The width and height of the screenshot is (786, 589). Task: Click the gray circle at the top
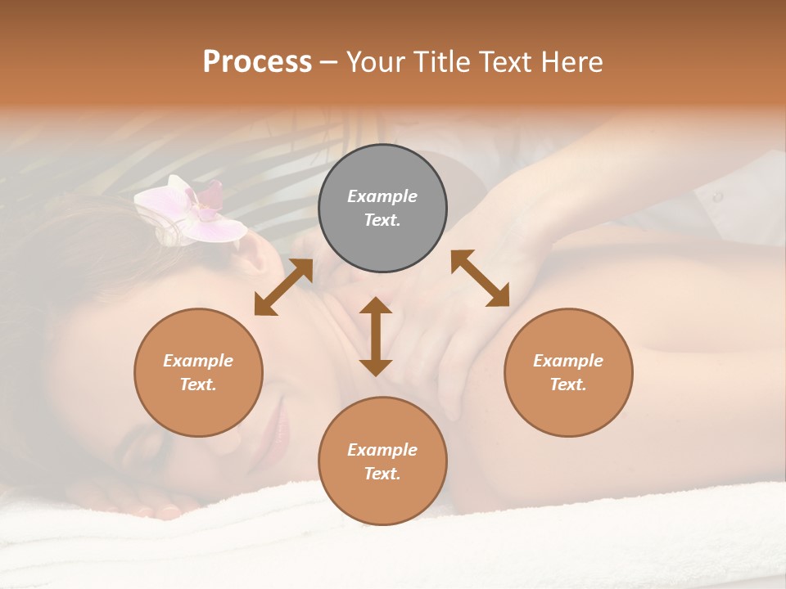[382, 209]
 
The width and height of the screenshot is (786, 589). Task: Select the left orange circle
[198, 372]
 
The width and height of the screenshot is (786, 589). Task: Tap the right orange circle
[568, 372]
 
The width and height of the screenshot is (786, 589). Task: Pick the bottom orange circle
[382, 461]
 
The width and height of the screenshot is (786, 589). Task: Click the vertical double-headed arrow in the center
[376, 336]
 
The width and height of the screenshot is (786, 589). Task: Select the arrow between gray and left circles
[283, 287]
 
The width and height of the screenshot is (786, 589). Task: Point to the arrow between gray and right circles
[481, 278]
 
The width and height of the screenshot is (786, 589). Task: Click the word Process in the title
[257, 62]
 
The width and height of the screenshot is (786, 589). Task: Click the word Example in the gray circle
[382, 196]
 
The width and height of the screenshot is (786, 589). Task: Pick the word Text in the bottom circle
[382, 474]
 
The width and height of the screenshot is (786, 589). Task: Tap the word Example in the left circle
[198, 361]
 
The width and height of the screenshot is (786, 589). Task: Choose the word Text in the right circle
[567, 384]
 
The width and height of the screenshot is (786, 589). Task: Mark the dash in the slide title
[329, 62]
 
